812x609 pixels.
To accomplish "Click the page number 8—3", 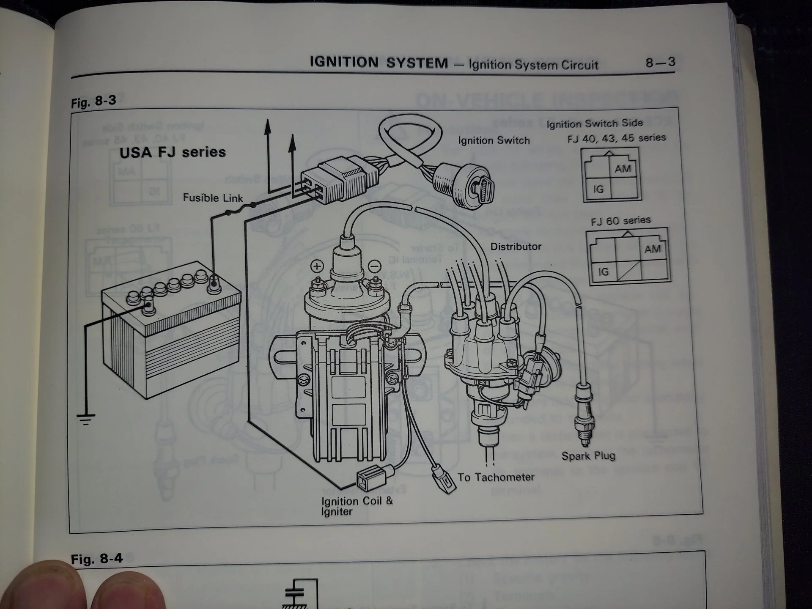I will (x=660, y=63).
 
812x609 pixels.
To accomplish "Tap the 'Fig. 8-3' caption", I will (x=93, y=101).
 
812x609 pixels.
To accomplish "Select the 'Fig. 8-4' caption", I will (x=97, y=559).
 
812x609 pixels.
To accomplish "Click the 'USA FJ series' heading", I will (x=173, y=152).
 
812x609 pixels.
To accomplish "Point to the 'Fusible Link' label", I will (x=213, y=198).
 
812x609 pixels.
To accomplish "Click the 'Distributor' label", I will (x=516, y=247).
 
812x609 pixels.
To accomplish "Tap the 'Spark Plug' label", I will (x=588, y=456).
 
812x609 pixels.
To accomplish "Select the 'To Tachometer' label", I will (x=496, y=477).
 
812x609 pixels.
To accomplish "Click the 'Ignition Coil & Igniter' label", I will (x=357, y=506).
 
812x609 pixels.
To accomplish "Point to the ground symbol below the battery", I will (x=86, y=419).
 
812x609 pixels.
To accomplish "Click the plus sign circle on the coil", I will (x=317, y=266).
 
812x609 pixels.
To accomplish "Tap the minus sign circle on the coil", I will (x=374, y=266).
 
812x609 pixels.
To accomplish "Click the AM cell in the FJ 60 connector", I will (x=652, y=249).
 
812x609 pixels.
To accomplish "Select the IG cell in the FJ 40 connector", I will (x=598, y=189).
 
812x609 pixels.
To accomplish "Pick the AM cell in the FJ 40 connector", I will (x=623, y=169).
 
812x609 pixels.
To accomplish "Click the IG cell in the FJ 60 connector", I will (x=603, y=272).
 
